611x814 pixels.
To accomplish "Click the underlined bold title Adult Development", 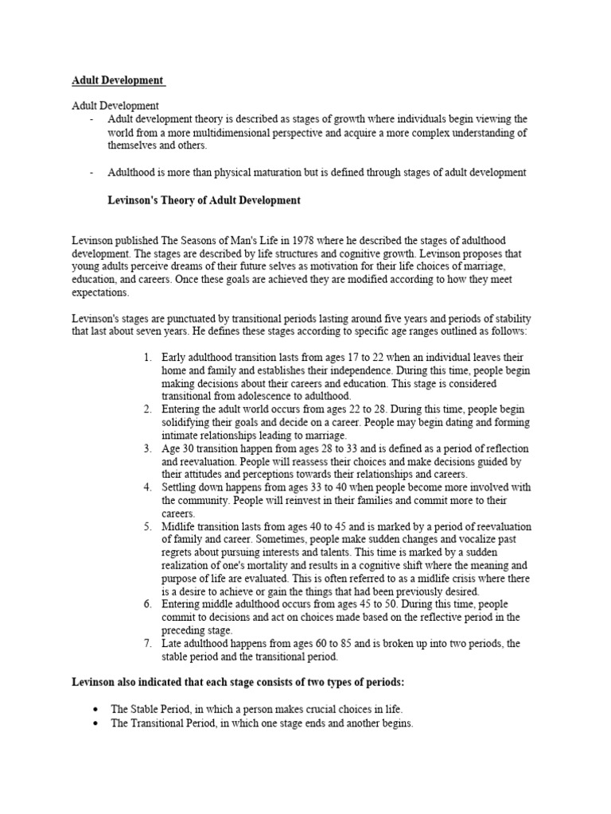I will tap(118, 80).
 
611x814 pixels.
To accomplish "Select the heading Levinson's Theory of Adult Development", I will tap(204, 201).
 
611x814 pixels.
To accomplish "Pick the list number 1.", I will tap(147, 358).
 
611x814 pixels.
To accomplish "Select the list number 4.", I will tap(147, 487).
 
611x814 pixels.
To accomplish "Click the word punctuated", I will tap(177, 319).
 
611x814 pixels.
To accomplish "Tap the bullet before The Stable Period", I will tap(96, 707).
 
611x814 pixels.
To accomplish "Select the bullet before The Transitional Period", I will tap(96, 724).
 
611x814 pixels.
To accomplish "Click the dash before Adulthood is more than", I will tap(92, 172).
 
